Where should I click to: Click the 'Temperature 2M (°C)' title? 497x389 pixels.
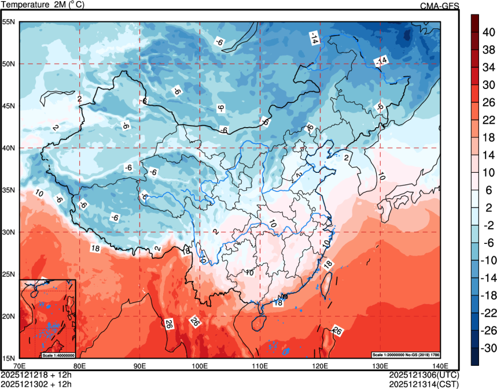point(42,5)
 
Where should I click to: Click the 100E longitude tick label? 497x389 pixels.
point(200,366)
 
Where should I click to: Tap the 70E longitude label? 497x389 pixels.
point(20,366)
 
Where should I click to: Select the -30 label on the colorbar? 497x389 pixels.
point(488,349)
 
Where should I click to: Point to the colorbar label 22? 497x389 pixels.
point(488,120)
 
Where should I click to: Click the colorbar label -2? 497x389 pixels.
point(488,225)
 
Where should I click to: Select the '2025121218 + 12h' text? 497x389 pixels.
point(37,375)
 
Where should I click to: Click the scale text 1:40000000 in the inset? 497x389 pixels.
point(58,355)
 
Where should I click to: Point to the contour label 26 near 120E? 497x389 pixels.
point(337,332)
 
